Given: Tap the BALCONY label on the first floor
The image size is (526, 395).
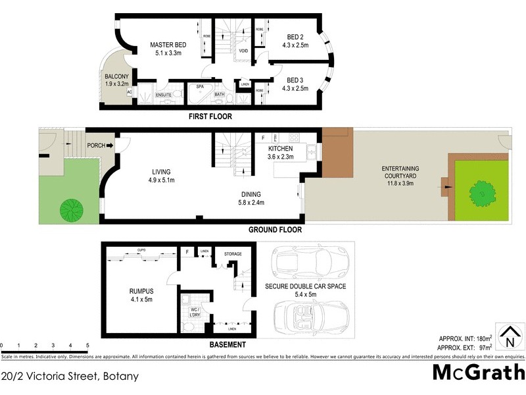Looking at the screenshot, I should pyautogui.click(x=117, y=76).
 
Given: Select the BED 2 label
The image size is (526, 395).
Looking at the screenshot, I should pyautogui.click(x=295, y=36).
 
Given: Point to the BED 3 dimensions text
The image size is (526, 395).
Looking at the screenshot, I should pyautogui.click(x=295, y=88).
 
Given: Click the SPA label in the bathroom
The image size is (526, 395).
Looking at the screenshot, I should pyautogui.click(x=199, y=86).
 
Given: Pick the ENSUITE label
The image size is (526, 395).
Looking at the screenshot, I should pyautogui.click(x=164, y=95).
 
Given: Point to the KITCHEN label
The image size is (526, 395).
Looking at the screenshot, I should pyautogui.click(x=280, y=149).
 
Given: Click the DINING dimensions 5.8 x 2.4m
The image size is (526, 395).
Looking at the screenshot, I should pyautogui.click(x=251, y=203).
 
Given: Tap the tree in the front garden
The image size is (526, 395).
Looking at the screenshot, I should pyautogui.click(x=71, y=211).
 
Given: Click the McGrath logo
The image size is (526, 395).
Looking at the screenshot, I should pyautogui.click(x=478, y=372).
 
